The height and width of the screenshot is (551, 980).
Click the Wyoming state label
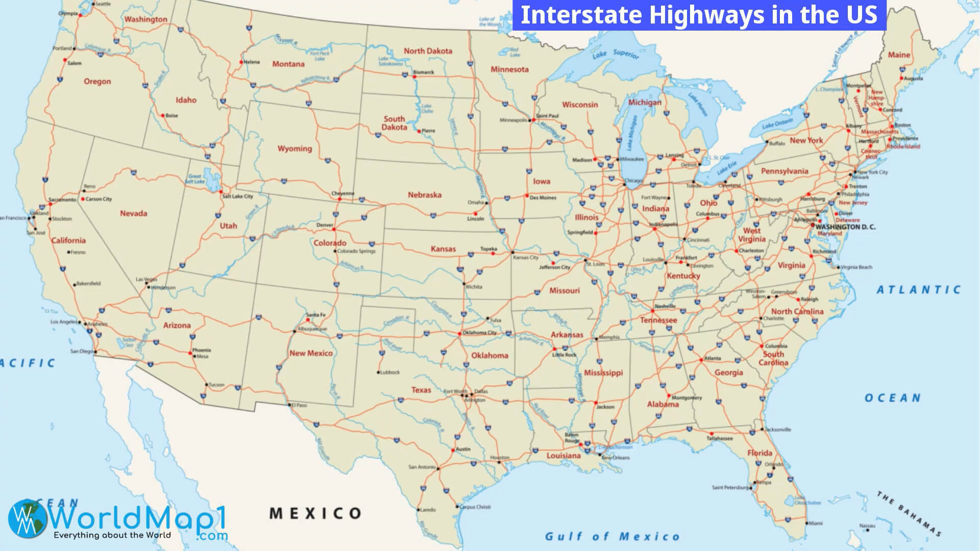pos(295,148)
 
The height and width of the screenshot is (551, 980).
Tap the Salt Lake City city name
pos(238,196)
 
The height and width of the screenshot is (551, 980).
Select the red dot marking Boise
pos(163,116)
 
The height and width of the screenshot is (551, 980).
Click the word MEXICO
pos(315,513)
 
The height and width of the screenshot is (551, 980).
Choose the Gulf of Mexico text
pos(612,536)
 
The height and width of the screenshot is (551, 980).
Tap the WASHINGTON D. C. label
pos(845,227)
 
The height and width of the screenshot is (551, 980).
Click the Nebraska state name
pos(424,195)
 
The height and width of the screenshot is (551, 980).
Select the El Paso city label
pos(299,406)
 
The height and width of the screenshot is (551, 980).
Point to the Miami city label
pos(815,523)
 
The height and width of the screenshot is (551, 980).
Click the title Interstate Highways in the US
pos(699,15)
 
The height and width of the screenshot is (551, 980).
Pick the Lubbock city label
pos(390,372)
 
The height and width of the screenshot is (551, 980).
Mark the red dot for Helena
pos(241,62)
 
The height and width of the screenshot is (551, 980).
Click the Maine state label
pos(899,55)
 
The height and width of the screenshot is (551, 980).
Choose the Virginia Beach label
pos(856,267)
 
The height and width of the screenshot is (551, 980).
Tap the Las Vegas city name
pos(146,280)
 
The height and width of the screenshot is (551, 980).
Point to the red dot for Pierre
pos(420,131)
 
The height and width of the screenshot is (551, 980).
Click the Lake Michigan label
pos(632,132)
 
